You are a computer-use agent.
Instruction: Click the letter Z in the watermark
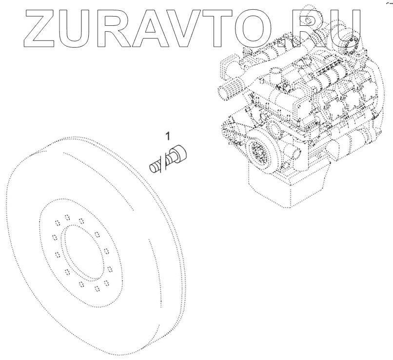[x=40, y=28]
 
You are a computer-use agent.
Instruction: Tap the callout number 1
[x=168, y=136]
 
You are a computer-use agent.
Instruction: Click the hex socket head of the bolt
[x=179, y=152]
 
